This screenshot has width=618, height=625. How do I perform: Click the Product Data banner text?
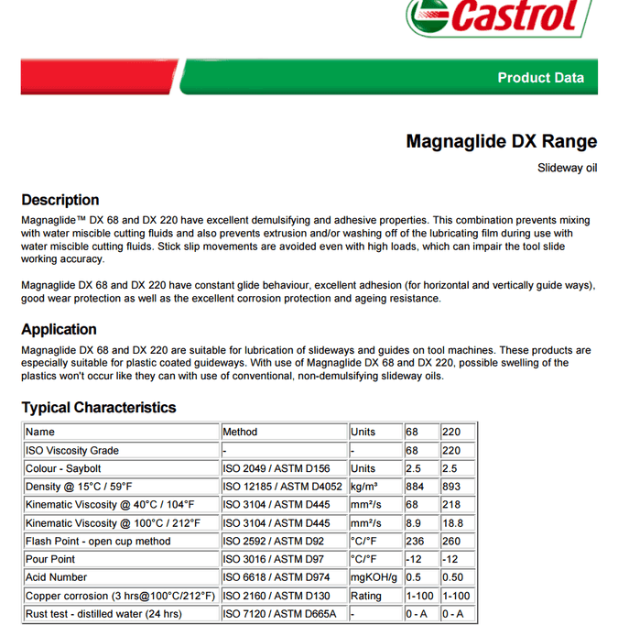click(540, 78)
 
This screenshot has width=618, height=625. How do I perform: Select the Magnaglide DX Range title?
click(501, 141)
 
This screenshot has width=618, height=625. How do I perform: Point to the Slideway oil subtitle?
click(567, 169)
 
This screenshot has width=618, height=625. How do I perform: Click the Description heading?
click(60, 200)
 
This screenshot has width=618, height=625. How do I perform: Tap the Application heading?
click(59, 329)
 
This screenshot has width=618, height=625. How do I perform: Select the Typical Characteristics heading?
click(99, 407)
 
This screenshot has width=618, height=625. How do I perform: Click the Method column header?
click(240, 432)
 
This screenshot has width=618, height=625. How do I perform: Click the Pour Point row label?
click(50, 559)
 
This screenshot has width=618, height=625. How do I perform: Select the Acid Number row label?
click(56, 577)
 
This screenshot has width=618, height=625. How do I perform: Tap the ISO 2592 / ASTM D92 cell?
click(274, 541)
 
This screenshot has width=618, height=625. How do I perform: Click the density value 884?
click(415, 487)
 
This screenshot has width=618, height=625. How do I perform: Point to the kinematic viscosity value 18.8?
click(452, 522)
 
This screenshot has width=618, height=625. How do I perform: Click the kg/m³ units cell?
click(364, 487)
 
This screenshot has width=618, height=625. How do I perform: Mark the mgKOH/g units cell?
click(374, 577)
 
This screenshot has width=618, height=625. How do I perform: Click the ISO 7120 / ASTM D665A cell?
click(280, 614)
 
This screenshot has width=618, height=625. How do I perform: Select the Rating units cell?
click(366, 596)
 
